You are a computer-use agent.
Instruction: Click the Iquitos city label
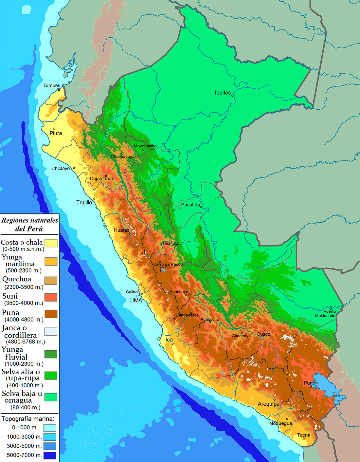(x=223, y=93)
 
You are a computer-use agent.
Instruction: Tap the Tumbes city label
(x=51, y=85)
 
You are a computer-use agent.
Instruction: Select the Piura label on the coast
(x=56, y=133)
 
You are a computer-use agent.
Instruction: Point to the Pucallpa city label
(x=190, y=205)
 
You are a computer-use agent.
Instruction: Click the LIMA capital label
(x=135, y=300)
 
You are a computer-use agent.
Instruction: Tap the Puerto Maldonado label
(x=325, y=313)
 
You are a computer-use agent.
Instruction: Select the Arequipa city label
(x=268, y=404)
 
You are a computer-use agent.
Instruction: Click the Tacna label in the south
(x=304, y=435)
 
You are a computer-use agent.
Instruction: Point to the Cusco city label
(x=263, y=334)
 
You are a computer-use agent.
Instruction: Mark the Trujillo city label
(x=84, y=203)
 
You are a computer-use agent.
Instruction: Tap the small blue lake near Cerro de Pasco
(x=163, y=270)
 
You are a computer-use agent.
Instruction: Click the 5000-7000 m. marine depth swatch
(x=49, y=455)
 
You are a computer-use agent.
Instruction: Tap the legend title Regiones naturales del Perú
(x=29, y=224)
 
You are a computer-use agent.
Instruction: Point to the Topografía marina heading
(x=28, y=419)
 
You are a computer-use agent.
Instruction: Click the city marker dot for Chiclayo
(x=74, y=168)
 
